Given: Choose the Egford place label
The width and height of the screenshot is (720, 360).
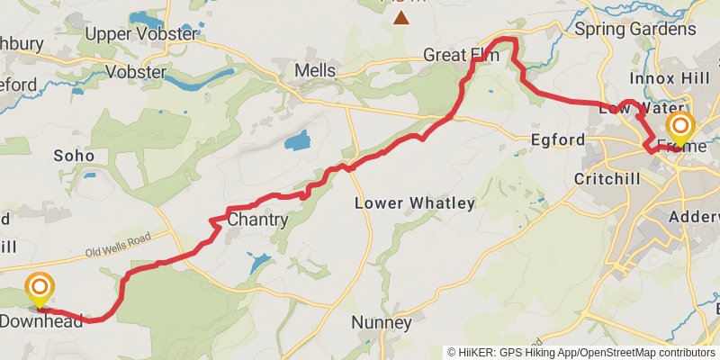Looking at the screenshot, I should pos(558,140).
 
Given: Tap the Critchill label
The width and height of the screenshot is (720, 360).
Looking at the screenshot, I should pos(607,179).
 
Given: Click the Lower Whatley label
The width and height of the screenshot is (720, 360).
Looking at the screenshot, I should pos(414,203).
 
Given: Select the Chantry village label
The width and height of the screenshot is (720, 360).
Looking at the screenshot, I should pos(257,220).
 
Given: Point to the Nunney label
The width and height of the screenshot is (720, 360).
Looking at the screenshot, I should pos(382,322).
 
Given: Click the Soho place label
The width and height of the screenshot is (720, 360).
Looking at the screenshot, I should pos(74,156).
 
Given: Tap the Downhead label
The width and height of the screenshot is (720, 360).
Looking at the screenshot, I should pos(41,320).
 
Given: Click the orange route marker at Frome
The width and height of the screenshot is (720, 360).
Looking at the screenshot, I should pos(679,126).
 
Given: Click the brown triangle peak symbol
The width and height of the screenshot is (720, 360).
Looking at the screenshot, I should pos(400,17).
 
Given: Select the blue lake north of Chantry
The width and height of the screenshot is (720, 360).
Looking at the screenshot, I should pos(297,140).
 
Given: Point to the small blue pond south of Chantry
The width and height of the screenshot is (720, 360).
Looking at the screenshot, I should pos(258,262).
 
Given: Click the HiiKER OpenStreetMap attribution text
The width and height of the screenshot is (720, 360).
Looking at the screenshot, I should pos(581,352).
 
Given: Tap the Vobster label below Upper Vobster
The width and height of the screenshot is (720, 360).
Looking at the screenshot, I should pos(135,72).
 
